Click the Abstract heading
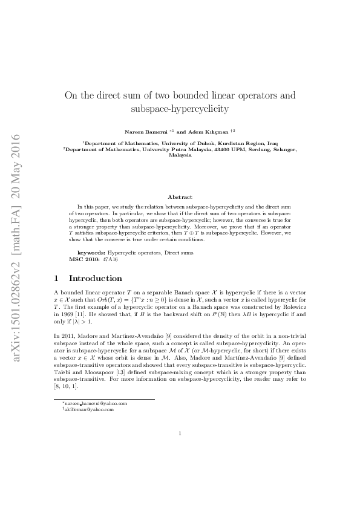coord(180,197)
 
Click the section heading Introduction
coord(96,279)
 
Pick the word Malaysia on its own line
coord(180,155)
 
